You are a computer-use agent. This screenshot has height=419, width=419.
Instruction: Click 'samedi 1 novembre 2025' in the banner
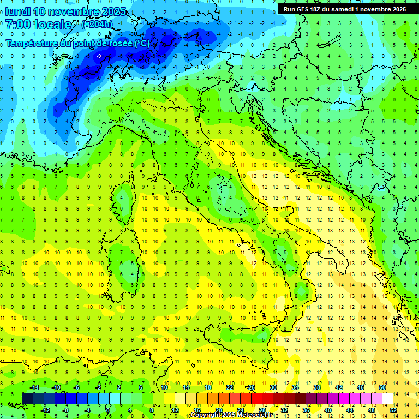point(370,9)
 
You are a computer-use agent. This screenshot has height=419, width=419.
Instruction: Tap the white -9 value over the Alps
point(99,56)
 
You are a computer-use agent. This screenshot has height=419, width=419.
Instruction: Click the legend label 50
point(382,387)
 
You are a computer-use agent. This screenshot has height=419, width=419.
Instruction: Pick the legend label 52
point(393,410)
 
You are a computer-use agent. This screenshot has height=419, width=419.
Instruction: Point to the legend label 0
point(109,410)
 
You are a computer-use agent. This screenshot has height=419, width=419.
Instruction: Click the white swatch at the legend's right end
point(387,399)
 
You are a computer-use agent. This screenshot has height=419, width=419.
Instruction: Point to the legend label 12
point(175,410)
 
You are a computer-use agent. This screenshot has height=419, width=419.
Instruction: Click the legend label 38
point(316,387)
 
